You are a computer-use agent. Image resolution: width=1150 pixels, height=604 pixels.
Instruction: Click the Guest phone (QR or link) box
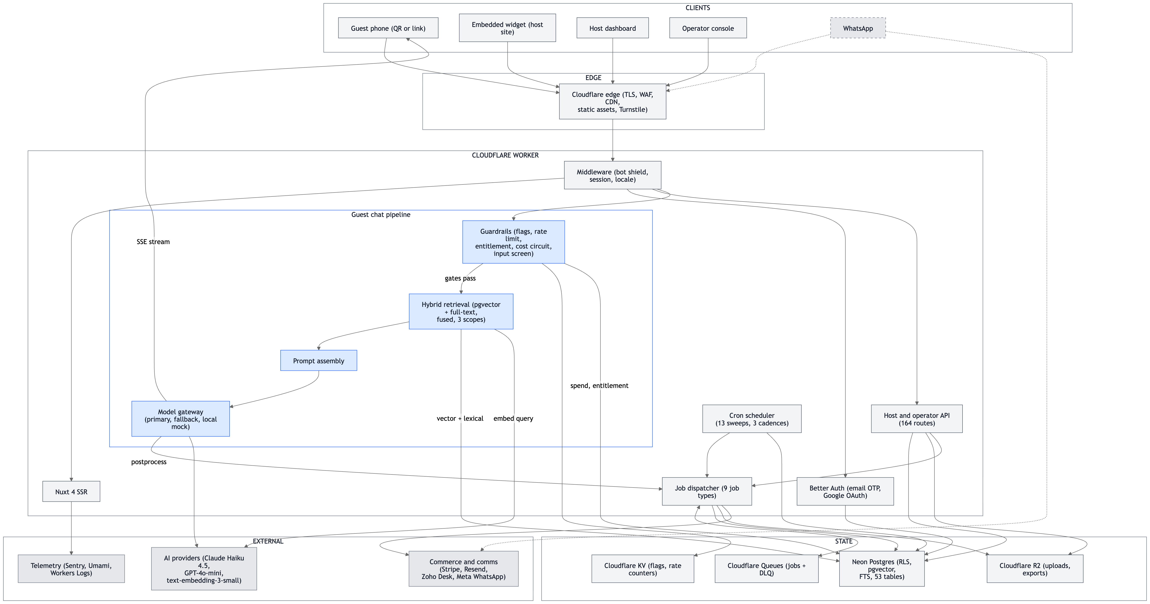tap(388, 28)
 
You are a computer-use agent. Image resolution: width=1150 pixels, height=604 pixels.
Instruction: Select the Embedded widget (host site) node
tap(507, 28)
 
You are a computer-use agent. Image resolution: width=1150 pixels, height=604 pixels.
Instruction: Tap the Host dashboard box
tap(613, 28)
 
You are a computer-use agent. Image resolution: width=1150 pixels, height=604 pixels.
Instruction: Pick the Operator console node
tap(708, 28)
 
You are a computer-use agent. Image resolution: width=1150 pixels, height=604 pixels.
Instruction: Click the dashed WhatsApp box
tap(858, 28)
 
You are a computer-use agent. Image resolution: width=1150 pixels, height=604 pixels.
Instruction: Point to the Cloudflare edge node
tap(613, 102)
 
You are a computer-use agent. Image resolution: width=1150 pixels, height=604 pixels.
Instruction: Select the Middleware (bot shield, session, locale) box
tap(613, 175)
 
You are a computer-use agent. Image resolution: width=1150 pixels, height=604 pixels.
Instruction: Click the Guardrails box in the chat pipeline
tap(513, 242)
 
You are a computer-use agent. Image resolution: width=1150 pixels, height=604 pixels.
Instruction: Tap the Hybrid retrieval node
tap(461, 312)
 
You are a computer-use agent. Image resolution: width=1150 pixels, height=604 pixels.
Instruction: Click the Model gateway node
tap(180, 419)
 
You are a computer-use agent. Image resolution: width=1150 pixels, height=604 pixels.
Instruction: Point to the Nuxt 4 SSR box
tap(71, 492)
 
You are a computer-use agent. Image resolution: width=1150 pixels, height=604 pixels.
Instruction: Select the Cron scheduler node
tap(752, 419)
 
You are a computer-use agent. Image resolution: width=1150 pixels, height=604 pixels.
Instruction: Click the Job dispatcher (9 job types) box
tap(707, 492)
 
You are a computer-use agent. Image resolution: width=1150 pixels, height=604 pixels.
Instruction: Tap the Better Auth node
tap(845, 492)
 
